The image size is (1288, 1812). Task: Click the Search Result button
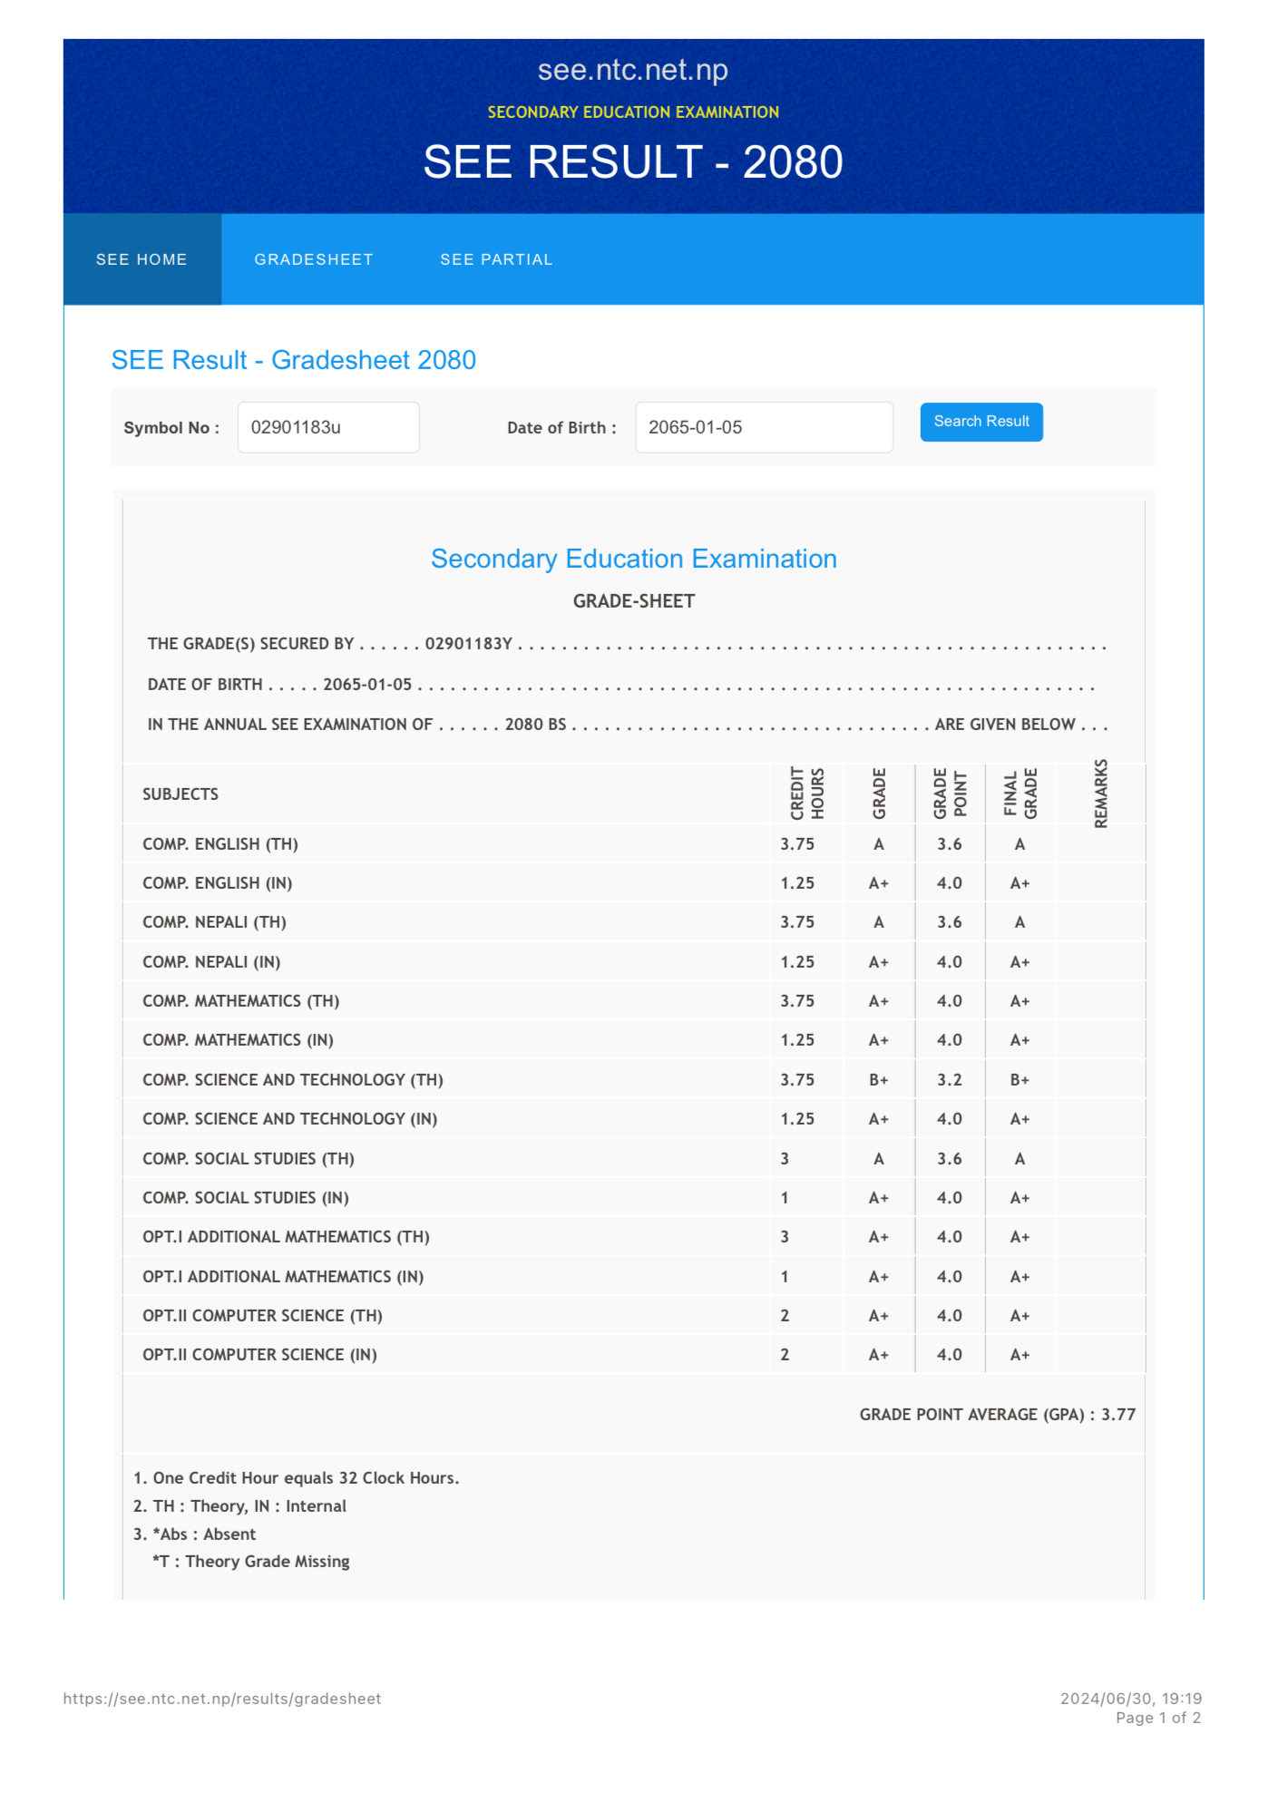981,422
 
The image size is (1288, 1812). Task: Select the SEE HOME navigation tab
141,259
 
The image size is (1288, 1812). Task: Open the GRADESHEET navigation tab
313,259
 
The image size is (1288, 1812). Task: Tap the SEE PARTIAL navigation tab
496,259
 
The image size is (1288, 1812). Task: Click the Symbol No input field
327,427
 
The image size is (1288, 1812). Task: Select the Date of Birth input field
763,427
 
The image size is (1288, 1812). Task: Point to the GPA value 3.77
1117,1414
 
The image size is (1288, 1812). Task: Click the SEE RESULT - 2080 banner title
632,162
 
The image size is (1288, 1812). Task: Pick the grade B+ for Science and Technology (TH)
878,1079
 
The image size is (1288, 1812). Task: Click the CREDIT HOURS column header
806,794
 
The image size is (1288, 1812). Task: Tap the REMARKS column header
1100,794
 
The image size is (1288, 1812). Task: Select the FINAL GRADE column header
1020,794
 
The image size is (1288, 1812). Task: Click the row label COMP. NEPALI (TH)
214,922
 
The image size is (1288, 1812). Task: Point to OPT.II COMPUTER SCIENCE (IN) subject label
259,1354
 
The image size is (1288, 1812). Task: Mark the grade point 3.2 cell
949,1079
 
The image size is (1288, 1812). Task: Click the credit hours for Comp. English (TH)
797,844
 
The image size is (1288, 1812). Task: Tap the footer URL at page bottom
222,1699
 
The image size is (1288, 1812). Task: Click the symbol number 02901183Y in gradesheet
468,644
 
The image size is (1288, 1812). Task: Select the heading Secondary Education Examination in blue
633,559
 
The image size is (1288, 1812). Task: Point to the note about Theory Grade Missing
251,1561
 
